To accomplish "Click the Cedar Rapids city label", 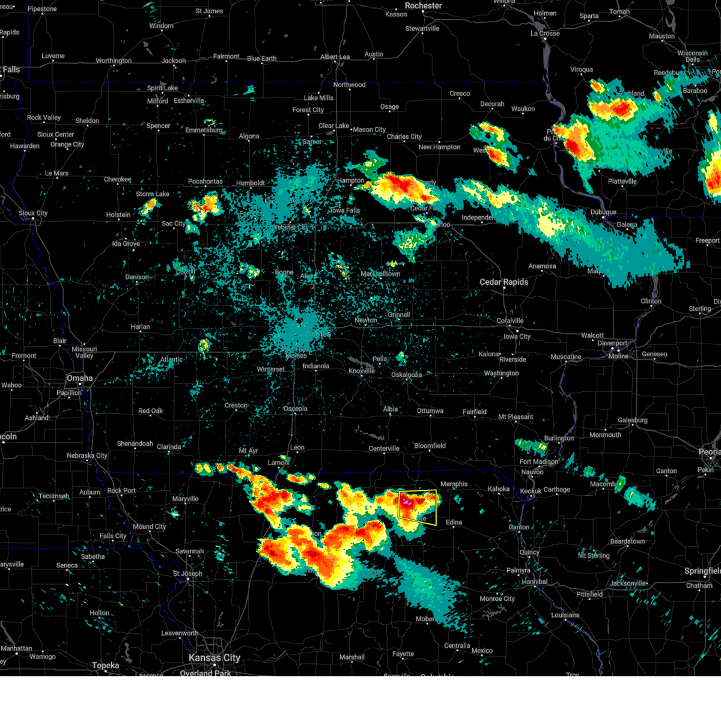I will pos(503,282).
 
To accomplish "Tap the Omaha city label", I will pos(80,378).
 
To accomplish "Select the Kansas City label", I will pos(214,658).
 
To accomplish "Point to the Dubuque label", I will pos(603,212).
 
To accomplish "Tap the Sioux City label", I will pos(33,213).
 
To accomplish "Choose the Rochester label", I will pos(424,5).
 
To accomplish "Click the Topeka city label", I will pos(105,665).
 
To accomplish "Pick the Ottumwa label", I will pos(430,411).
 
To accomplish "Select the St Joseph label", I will pos(187,573).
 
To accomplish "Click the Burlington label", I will pos(559,438).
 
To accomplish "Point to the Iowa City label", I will pos(517,336).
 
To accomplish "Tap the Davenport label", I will pos(612,343).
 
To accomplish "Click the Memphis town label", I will pos(454,484).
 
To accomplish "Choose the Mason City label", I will pos(369,129).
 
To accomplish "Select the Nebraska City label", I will pos(87,455).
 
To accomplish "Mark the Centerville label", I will pos(384,448).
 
